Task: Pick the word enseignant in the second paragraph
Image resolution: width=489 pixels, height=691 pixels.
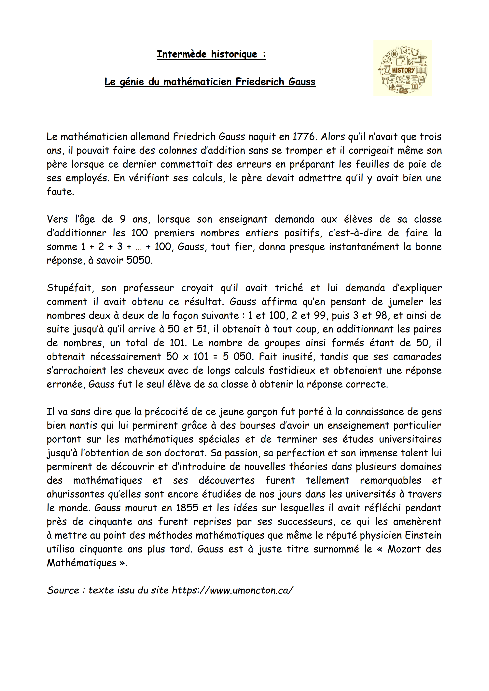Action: click(x=243, y=219)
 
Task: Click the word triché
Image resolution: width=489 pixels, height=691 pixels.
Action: click(x=289, y=288)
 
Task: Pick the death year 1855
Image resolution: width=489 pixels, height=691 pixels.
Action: click(x=187, y=508)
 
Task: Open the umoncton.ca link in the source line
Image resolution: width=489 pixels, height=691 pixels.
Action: click(x=232, y=591)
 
